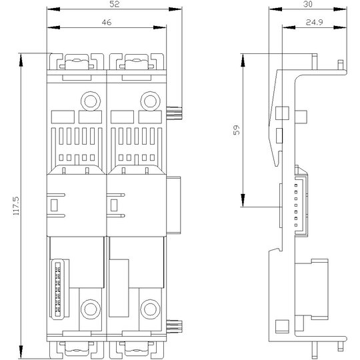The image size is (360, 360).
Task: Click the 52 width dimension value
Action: [x=115, y=4]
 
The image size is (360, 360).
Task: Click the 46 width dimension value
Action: [x=107, y=23]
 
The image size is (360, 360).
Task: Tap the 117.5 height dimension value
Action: [x=17, y=206]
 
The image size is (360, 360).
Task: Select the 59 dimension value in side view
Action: [x=237, y=130]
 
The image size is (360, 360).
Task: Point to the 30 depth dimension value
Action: [x=307, y=4]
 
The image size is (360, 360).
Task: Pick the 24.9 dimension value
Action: [x=314, y=23]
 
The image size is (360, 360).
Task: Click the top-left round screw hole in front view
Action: [x=91, y=101]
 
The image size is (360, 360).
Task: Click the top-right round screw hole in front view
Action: [x=150, y=101]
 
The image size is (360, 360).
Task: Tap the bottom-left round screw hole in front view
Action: [x=91, y=309]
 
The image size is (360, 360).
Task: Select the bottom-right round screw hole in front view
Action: [x=150, y=309]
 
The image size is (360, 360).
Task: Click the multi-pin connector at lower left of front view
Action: [x=58, y=289]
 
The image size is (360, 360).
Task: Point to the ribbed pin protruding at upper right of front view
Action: [x=174, y=113]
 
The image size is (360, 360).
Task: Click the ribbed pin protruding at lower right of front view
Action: [x=174, y=327]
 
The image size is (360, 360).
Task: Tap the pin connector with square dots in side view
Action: [x=301, y=205]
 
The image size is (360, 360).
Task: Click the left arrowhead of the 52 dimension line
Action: [x=53, y=9]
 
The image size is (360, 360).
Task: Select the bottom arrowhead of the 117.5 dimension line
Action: [x=21, y=352]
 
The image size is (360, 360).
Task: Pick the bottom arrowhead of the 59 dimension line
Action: [x=243, y=200]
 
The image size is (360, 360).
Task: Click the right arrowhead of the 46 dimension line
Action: [x=159, y=27]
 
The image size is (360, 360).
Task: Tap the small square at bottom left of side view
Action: [x=282, y=327]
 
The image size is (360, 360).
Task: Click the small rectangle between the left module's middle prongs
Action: [x=54, y=205]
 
